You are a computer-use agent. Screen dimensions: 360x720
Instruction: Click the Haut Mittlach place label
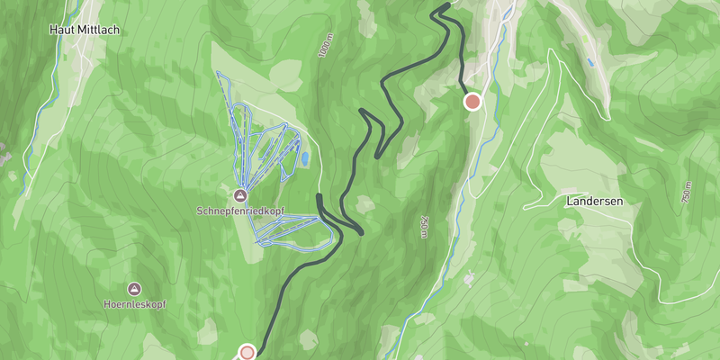(85, 30)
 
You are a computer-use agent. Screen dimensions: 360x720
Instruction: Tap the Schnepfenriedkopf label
(240, 211)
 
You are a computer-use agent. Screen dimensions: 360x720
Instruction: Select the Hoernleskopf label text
(134, 304)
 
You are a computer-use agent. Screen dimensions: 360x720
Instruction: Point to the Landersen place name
(596, 201)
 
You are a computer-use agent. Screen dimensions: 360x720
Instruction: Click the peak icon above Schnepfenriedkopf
(240, 195)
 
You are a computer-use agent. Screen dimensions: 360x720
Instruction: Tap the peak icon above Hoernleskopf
(134, 289)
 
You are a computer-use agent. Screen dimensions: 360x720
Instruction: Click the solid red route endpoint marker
(472, 102)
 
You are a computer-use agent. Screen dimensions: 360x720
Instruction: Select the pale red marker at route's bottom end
(247, 352)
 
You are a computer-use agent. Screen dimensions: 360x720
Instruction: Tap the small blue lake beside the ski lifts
(306, 159)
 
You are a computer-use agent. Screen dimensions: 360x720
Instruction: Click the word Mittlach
(100, 30)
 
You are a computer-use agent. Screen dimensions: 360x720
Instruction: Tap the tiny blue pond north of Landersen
(589, 64)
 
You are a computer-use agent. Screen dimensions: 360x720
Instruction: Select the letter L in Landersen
(571, 201)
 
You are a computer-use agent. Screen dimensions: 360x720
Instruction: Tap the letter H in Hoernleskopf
(106, 304)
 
